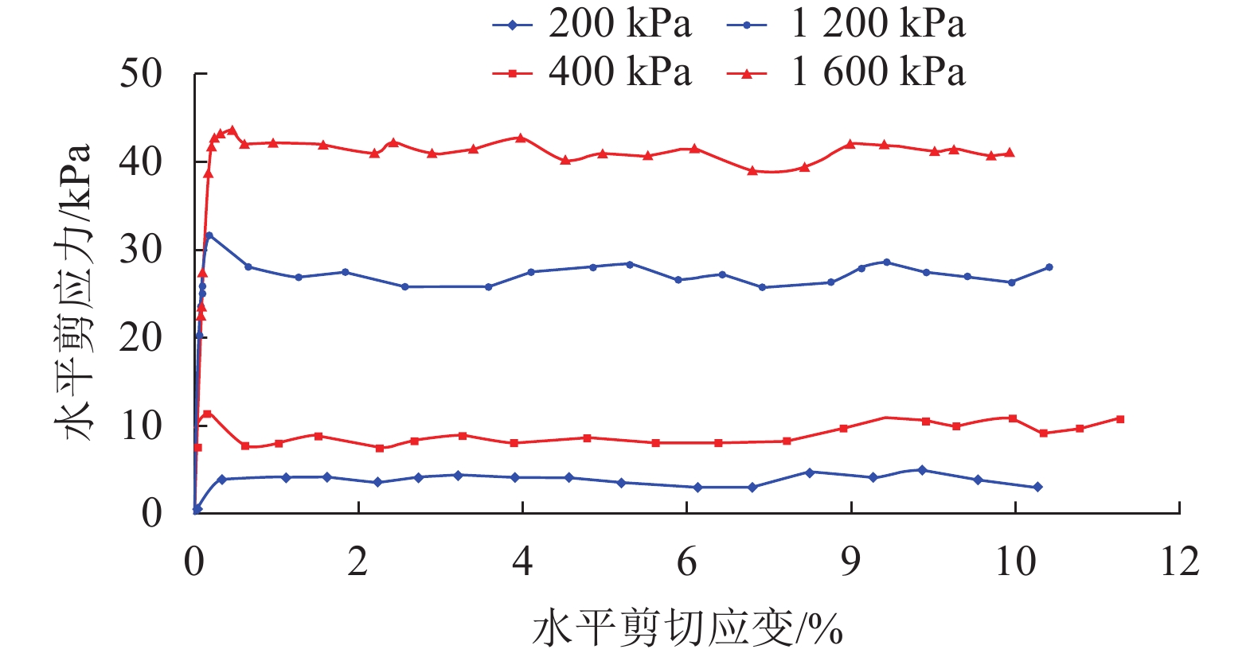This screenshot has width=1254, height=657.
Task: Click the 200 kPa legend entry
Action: pos(592,24)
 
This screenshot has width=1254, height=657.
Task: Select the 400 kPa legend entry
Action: pos(592,72)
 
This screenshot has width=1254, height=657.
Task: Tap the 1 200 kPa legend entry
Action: pos(846,24)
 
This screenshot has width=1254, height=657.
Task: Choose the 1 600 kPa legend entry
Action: pos(846,72)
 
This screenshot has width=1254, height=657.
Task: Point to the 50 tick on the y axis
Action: pos(141,74)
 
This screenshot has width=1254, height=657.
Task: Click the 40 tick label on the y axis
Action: pos(141,161)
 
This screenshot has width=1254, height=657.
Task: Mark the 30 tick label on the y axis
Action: pos(141,250)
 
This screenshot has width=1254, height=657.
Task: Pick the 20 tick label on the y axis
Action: pos(141,337)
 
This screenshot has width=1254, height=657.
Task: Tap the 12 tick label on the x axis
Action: pos(1179,562)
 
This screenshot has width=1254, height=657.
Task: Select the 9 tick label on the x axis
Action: pos(851,562)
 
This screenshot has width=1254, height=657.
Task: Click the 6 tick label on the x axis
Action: pos(686,562)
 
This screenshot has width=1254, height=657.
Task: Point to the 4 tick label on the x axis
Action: pos(522,562)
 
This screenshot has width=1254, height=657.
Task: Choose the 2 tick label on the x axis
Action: pos(358,562)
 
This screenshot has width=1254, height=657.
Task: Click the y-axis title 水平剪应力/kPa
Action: pos(74,293)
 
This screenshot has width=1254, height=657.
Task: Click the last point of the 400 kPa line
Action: pos(1120,418)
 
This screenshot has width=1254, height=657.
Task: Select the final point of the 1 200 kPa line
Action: pos(1049,267)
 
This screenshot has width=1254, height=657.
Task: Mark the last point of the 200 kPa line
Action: pos(1037,487)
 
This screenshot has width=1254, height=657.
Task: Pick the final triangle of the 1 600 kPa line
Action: pos(1010,153)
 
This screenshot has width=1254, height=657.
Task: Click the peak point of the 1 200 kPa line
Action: pos(209,235)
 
